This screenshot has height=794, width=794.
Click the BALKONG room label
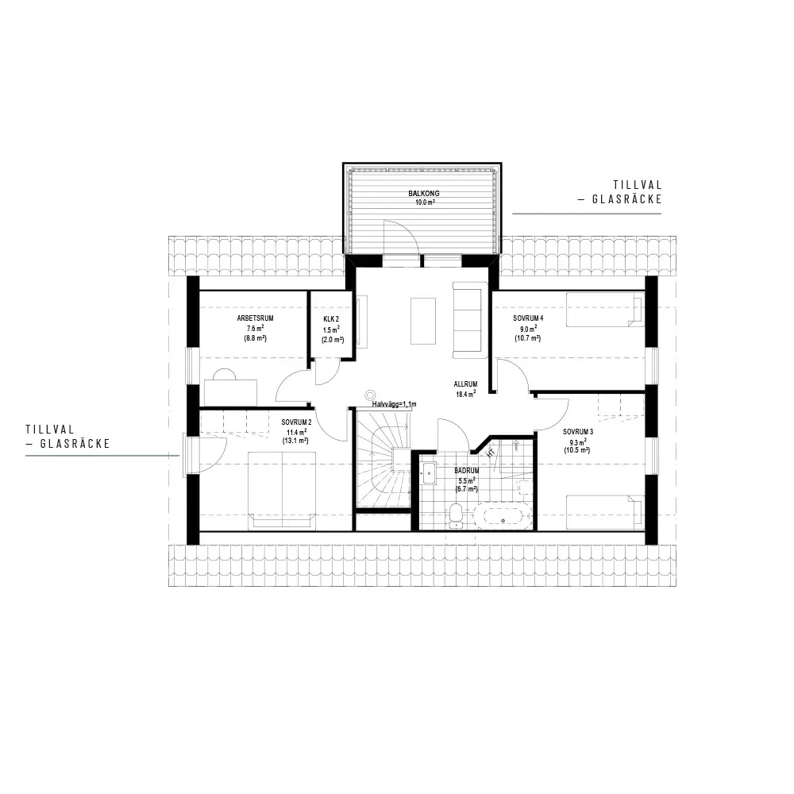tap(424, 194)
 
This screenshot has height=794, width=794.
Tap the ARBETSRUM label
tap(255, 318)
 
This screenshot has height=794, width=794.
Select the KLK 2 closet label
tap(331, 319)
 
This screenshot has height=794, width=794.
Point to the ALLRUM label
tap(465, 384)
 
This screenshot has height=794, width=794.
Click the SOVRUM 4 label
tap(528, 318)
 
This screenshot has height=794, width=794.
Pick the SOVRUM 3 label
tap(578, 432)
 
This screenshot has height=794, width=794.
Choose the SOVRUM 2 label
tap(296, 422)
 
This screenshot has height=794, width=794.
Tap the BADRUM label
tap(466, 471)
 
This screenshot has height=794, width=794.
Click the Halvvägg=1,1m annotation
tap(394, 404)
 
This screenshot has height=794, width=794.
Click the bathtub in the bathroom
tap(503, 517)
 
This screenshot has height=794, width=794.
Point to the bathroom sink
tap(430, 473)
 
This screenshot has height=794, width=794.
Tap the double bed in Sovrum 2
tap(282, 491)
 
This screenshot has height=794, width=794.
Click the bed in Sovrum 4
tap(605, 310)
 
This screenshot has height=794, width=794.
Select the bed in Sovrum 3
tap(605, 512)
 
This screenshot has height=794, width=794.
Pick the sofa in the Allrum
tap(467, 320)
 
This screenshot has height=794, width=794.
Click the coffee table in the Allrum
tap(423, 321)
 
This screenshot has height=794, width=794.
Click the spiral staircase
tap(383, 459)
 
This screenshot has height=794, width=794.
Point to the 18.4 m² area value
tap(465, 394)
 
